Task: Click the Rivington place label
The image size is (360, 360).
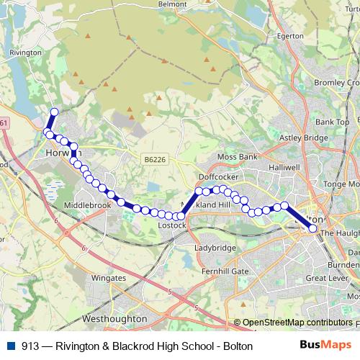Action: coord(25,52)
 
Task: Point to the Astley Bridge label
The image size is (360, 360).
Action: coord(303,137)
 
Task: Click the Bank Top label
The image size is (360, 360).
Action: coord(332,122)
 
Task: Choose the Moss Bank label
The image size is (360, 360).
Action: coord(238,156)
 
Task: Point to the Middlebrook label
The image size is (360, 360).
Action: coord(88,205)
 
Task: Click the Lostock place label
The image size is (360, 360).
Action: coord(172,225)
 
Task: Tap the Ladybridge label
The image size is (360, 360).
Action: coord(215,248)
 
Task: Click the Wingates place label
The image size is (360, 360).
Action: coord(109,277)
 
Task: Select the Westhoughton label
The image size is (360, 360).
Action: coord(115,318)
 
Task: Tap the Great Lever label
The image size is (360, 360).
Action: coord(328,277)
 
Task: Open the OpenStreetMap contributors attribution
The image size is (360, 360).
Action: coord(297,323)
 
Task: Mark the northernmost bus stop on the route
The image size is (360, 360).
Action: coord(54,111)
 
